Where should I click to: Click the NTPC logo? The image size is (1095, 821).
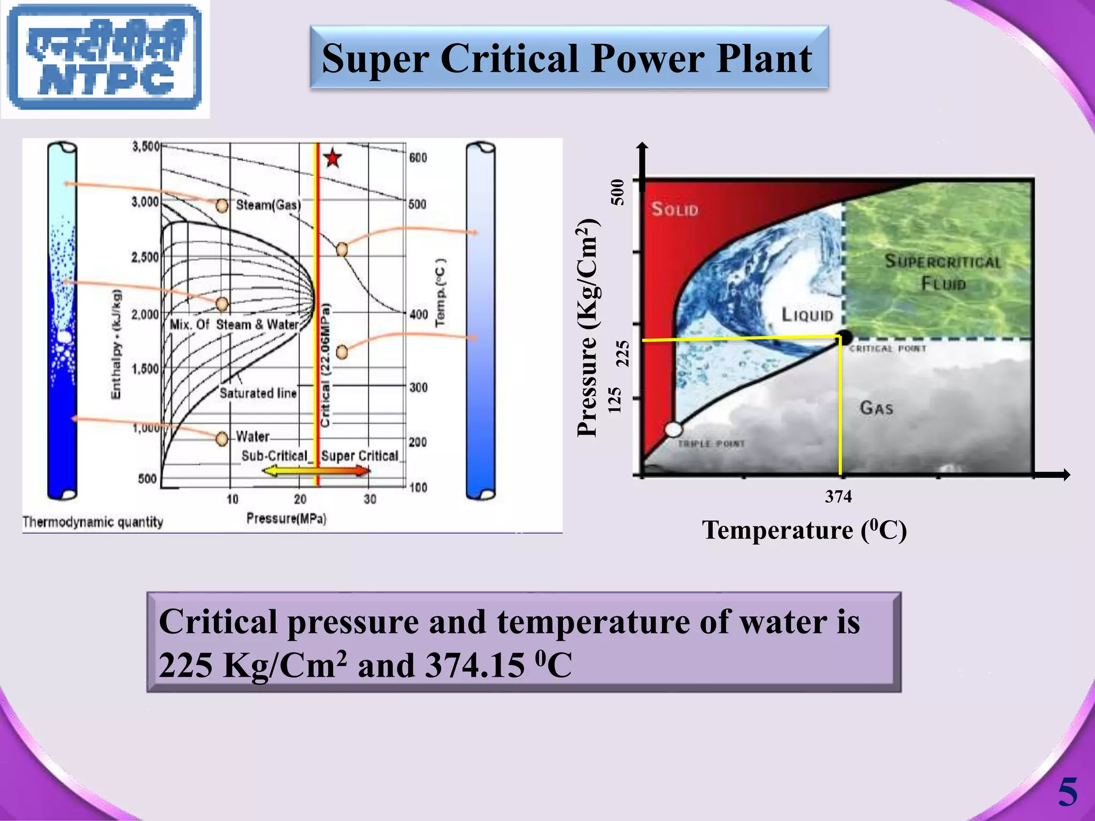coord(105,59)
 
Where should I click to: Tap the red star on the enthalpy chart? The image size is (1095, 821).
coord(333,158)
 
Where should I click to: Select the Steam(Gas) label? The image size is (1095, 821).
coord(268,205)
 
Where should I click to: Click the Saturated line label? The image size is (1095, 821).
coord(258,393)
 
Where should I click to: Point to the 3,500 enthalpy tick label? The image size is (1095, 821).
coord(145,146)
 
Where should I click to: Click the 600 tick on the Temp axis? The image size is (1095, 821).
coord(418,158)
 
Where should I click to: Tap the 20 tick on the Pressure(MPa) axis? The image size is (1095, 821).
coord(300,499)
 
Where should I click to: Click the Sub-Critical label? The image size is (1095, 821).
coord(275,456)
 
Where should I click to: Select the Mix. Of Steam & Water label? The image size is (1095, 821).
coord(234,325)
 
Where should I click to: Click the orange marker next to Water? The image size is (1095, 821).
coord(222,439)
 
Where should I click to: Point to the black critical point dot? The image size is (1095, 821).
coord(845,338)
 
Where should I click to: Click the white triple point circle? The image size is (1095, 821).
coord(674,429)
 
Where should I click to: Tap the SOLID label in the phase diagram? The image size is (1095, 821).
coord(675,209)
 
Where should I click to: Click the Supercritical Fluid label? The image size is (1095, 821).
coord(942,272)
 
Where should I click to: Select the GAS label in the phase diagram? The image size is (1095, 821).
coord(876,408)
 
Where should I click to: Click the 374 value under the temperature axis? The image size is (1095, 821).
coord(838,497)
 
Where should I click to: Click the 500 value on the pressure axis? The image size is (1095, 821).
coord(618,192)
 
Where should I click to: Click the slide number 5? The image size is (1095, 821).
coord(1068,792)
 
